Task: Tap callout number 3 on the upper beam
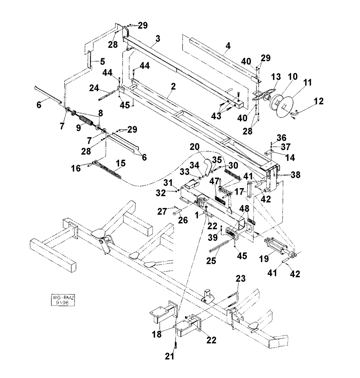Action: tap(158, 39)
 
